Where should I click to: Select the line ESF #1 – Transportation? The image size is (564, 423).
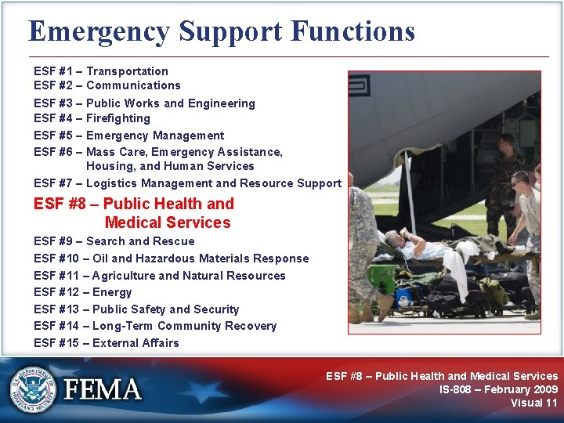coord(101,71)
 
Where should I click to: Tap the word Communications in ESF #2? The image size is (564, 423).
coord(133,85)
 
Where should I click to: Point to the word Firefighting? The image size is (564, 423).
coord(118,118)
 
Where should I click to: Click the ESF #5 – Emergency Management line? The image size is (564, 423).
coord(128,136)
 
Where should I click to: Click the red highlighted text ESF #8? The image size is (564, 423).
coord(68,204)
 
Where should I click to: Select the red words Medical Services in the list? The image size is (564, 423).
coord(167,222)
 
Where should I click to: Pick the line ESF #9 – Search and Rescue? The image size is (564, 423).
coord(114,241)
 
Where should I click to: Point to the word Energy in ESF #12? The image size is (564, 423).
coord(112,292)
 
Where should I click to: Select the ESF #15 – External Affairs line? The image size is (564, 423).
coord(107,343)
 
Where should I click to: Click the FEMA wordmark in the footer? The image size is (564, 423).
coord(103,390)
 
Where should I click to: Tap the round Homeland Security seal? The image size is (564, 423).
coord(33,389)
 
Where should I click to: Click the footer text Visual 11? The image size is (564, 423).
coord(533,403)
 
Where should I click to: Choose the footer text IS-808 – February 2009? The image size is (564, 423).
coord(498,389)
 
